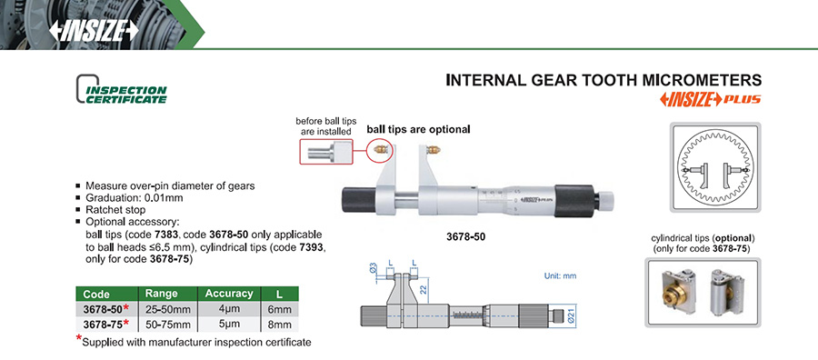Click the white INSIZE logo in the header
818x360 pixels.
pos(94,31)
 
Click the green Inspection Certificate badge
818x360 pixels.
pos(122,89)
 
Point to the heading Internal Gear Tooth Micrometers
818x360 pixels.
pos(604,80)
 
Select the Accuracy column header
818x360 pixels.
pos(229,294)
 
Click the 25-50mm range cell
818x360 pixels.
pos(168,309)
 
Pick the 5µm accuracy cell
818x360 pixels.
pos(229,325)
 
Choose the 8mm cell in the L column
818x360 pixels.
pos(279,325)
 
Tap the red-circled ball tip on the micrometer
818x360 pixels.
pos(380,150)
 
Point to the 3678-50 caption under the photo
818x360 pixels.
pos(466,235)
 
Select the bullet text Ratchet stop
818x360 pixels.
pos(114,210)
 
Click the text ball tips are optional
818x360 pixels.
pos(418,129)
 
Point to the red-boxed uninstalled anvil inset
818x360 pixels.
pos(325,152)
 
